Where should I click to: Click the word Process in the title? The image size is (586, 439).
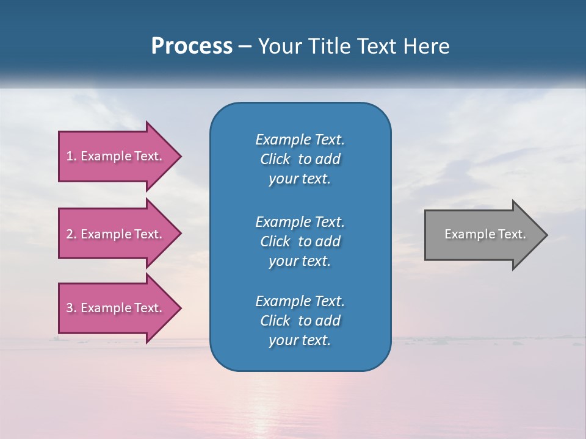pyautogui.click(x=192, y=46)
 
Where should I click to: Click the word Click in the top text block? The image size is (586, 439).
pyautogui.click(x=275, y=160)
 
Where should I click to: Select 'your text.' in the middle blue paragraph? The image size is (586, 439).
pyautogui.click(x=300, y=261)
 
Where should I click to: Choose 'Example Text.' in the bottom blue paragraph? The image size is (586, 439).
pyautogui.click(x=300, y=301)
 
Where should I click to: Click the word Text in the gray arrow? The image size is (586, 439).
pyautogui.click(x=512, y=234)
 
